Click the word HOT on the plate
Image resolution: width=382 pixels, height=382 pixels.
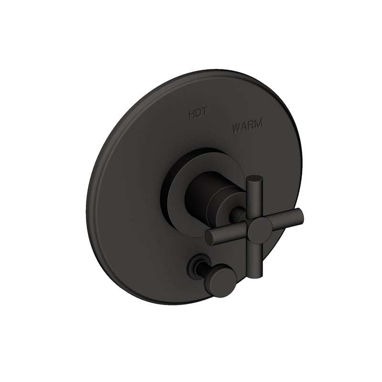tap(197, 114)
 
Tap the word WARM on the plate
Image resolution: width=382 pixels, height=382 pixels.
tap(247, 128)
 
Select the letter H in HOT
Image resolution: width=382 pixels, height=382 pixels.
tap(191, 114)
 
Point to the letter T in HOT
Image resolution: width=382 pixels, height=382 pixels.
tap(203, 115)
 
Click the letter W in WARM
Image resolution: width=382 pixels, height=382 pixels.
tap(236, 128)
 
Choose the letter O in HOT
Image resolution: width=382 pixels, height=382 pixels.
tap(197, 114)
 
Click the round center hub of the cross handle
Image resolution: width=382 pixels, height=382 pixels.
tap(259, 231)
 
